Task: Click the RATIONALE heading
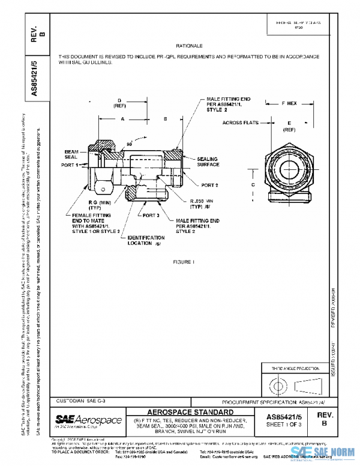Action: [190, 46]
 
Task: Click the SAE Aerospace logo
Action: [88, 419]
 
